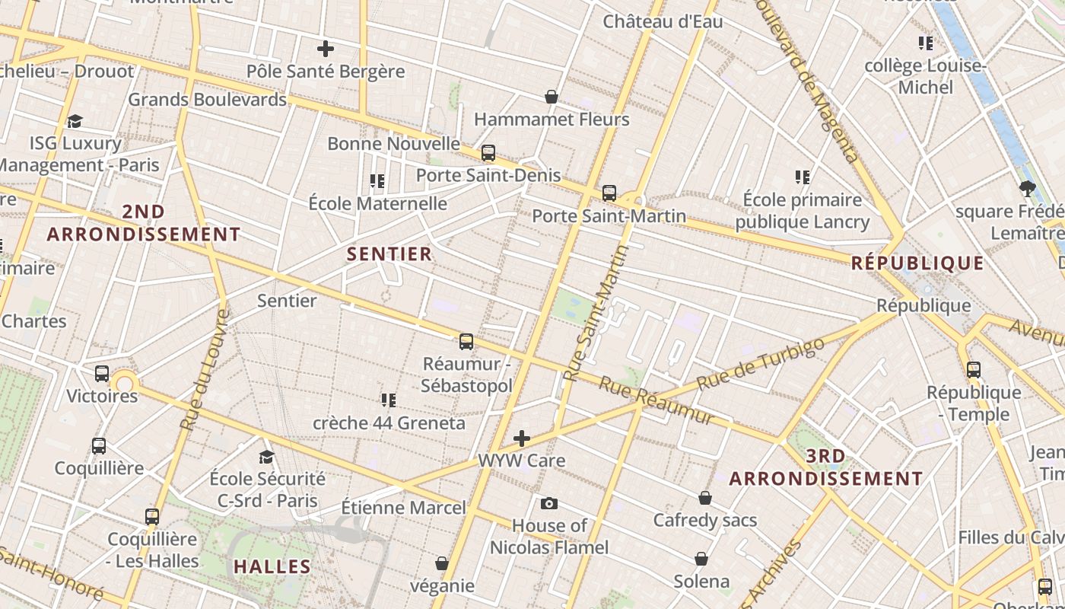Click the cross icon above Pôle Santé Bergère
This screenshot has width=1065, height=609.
point(326,49)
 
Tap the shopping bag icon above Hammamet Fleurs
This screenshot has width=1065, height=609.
point(552,97)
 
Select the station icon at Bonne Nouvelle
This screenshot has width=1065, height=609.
point(488,153)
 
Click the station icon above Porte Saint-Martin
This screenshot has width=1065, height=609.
point(609,193)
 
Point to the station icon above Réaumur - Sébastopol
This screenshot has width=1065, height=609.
point(466,342)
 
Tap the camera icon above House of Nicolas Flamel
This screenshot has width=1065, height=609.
point(548,503)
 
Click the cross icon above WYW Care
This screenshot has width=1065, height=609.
point(522,438)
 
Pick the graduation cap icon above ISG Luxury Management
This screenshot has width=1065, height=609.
point(75,121)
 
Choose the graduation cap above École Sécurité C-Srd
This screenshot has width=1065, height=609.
point(266,457)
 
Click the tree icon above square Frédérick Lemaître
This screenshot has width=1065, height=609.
point(1028,189)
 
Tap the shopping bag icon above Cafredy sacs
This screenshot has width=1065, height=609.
point(705,498)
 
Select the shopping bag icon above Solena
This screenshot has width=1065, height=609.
point(701,560)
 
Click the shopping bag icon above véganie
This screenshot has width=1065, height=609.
point(442,563)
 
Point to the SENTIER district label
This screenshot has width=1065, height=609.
point(389,253)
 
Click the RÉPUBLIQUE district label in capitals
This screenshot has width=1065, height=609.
point(917,263)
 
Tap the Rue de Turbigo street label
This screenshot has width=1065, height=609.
point(760,364)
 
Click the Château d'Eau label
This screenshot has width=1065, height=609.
point(663,21)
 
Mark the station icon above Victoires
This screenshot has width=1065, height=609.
point(102,374)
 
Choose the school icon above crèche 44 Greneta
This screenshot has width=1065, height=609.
point(389,400)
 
